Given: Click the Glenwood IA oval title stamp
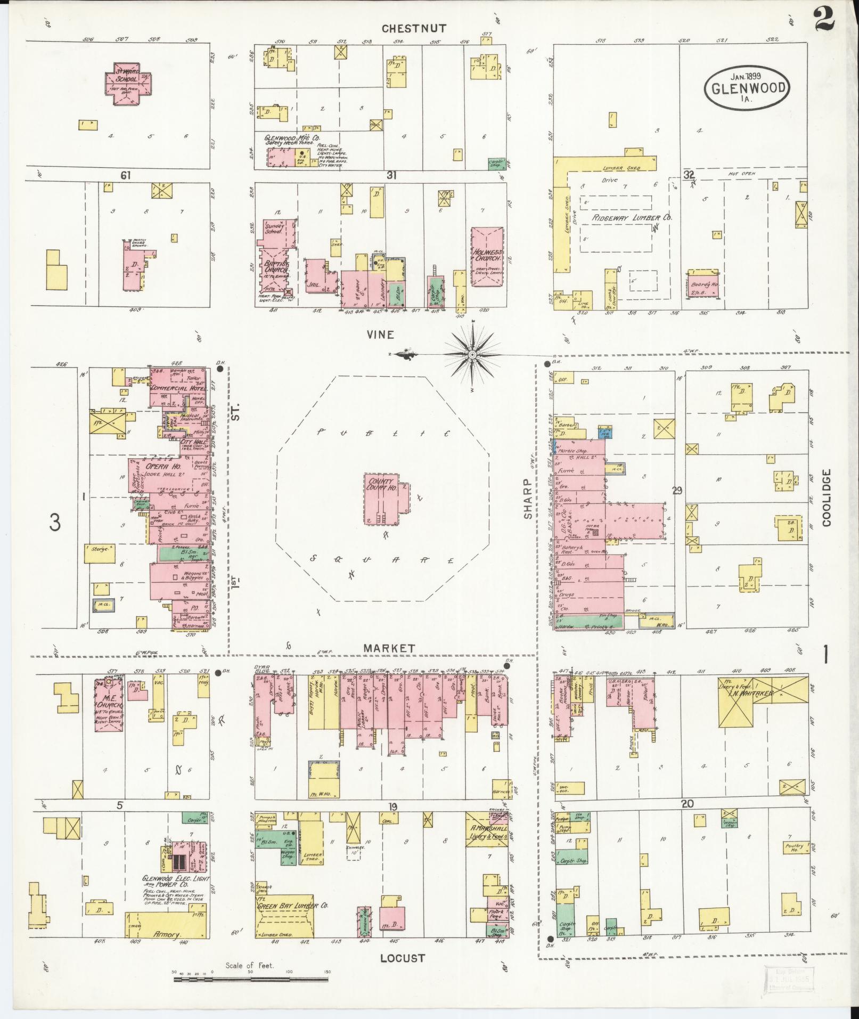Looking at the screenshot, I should pyautogui.click(x=747, y=87).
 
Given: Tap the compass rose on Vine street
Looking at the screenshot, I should pyautogui.click(x=472, y=354).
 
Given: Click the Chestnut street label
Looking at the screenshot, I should pyautogui.click(x=414, y=28).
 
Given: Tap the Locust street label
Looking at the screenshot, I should pyautogui.click(x=403, y=958).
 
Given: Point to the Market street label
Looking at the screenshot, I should pyautogui.click(x=389, y=648).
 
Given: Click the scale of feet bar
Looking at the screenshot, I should pyautogui.click(x=250, y=979).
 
